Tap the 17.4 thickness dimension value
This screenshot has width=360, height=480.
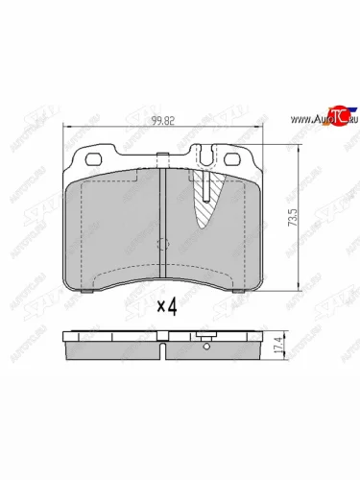coord(306,343)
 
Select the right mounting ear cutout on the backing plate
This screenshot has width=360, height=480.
coord(233,158)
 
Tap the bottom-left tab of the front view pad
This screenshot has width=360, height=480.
coord(85,290)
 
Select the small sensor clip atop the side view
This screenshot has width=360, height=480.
coord(204,333)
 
